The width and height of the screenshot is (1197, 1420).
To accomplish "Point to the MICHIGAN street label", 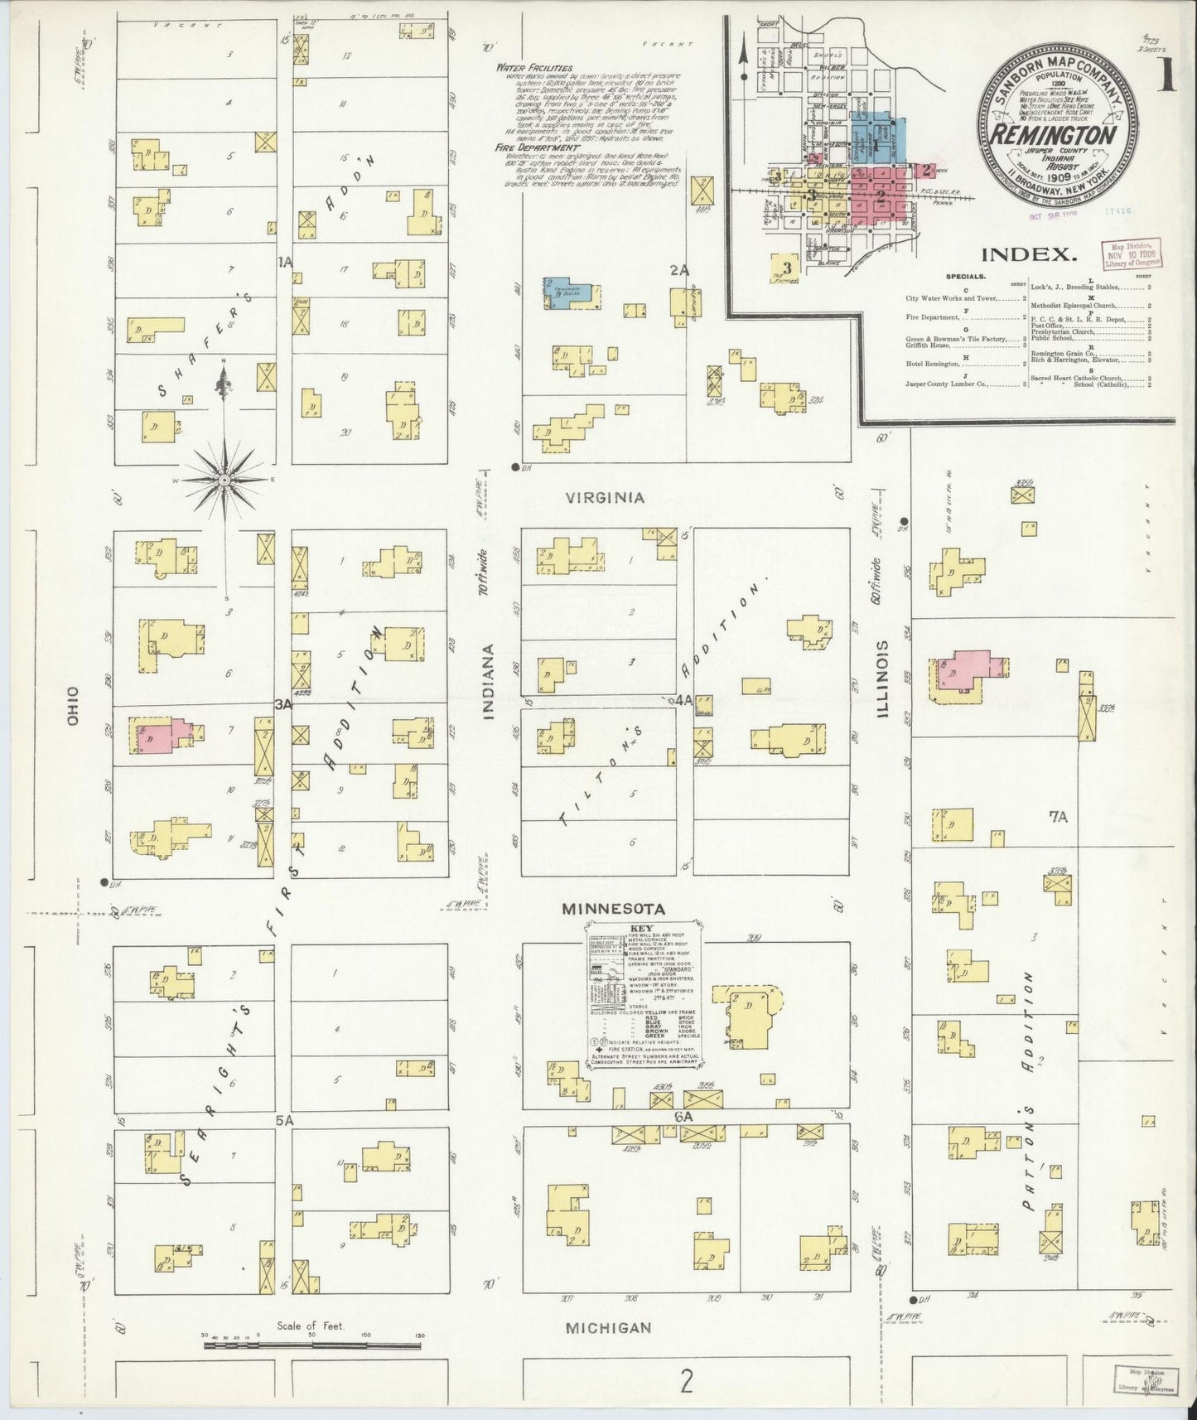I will click(609, 1327).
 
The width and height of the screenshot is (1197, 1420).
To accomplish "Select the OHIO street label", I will click(73, 708).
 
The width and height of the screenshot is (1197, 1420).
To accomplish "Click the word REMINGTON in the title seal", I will click(1050, 133).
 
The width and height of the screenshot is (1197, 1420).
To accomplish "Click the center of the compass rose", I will click(224, 480).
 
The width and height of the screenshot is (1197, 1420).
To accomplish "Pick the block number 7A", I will click(1058, 817).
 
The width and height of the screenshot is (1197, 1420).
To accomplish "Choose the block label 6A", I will click(683, 1116).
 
